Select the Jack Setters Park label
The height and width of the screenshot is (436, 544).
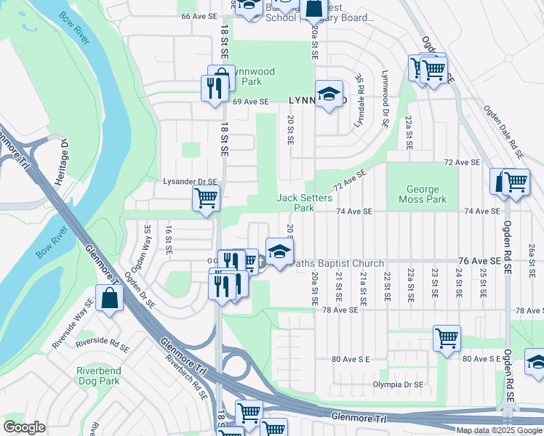[304, 203]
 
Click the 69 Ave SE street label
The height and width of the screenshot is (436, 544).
[252, 102]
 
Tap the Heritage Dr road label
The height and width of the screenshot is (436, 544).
[64, 154]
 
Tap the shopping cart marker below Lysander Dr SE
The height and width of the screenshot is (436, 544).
[206, 197]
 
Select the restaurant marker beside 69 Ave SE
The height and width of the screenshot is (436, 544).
[213, 88]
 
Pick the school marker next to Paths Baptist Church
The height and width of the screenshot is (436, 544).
[279, 252]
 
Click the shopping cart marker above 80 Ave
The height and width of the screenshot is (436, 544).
[447, 337]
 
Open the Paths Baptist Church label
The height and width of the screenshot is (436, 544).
[337, 264]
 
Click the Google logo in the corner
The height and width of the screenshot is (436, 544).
[24, 427]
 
